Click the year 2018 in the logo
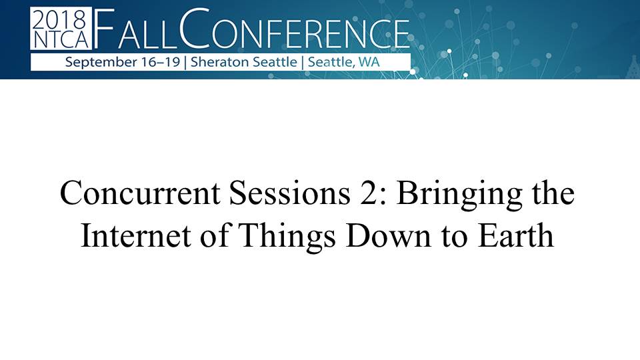coord(60,19)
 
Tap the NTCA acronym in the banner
coord(61,39)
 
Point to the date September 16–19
coord(123,62)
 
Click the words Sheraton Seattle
coord(244,62)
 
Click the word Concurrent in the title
coord(140,193)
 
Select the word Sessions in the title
coord(289,193)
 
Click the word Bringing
coord(459,195)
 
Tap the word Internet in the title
coord(136,236)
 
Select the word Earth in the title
coord(516,235)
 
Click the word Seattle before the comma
coord(331,62)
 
